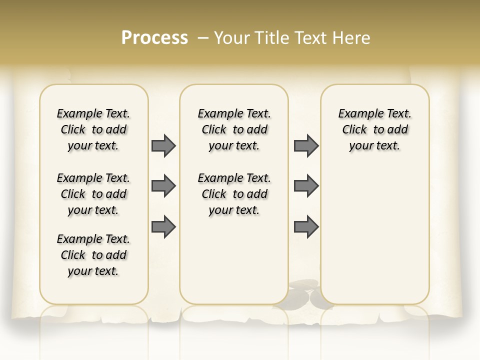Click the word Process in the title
coord(154,38)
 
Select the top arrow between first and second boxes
coord(163,145)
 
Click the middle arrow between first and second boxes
coord(163,186)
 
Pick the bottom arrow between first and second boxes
coord(163,227)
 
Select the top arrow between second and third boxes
coord(306,145)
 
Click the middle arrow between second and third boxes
coord(306,186)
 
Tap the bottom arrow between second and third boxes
coord(306,227)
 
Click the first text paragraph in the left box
coord(93,129)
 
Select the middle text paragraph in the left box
coord(93,194)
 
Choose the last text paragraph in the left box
coord(93,255)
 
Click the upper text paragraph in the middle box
coord(234,129)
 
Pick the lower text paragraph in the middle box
coord(234,194)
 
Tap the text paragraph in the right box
coord(374,129)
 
